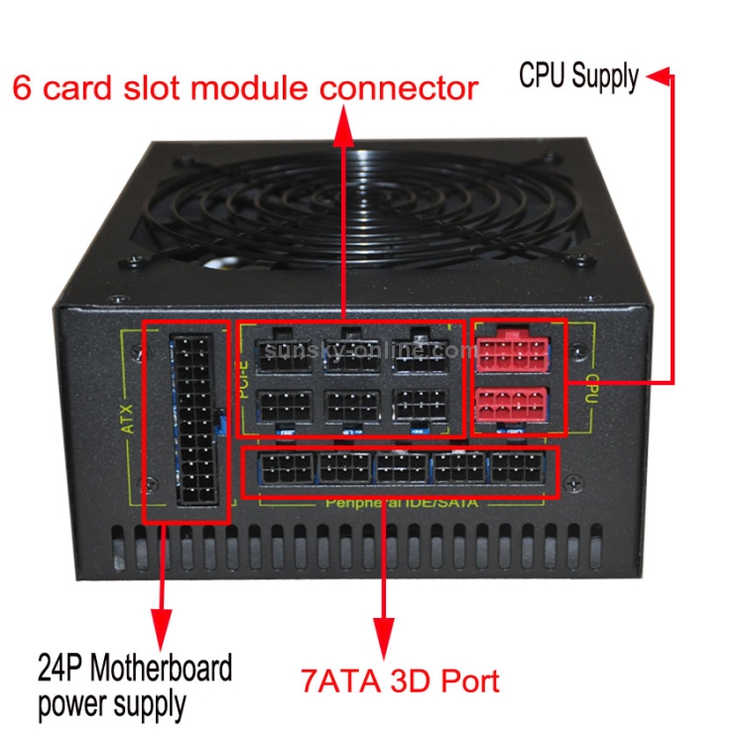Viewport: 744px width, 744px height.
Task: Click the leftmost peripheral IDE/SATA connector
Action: click(x=286, y=469)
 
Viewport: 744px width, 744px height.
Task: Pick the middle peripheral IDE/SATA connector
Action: click(x=403, y=469)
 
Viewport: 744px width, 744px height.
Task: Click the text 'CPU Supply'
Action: click(x=579, y=76)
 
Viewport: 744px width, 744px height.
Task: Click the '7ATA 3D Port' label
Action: click(x=399, y=682)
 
